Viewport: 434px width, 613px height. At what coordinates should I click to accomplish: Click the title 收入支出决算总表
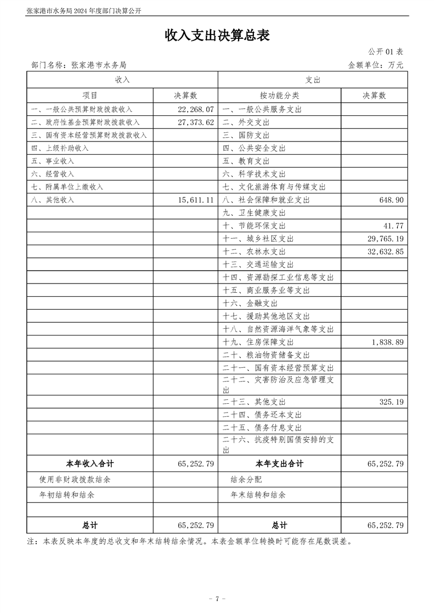coord(217,36)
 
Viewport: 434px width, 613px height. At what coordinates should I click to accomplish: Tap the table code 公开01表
coord(386,52)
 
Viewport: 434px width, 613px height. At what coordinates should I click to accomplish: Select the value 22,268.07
coord(195,109)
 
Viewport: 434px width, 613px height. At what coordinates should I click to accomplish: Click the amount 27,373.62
coord(195,122)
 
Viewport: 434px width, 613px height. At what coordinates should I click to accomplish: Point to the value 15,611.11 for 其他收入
coord(195,200)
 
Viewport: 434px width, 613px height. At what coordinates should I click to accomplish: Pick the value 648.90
coord(391,200)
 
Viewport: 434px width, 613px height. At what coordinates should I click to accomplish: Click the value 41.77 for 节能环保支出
coord(394,226)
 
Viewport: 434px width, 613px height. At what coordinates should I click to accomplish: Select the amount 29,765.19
coord(383,239)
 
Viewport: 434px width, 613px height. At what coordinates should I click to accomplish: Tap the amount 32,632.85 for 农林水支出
coord(383,252)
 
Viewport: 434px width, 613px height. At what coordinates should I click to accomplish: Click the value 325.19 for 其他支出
coord(391,402)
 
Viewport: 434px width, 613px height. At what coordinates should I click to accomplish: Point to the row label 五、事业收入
coord(53,161)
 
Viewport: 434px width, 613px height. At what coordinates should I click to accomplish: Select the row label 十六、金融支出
coord(250,303)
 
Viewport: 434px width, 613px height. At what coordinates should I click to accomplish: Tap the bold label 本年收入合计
coord(90,464)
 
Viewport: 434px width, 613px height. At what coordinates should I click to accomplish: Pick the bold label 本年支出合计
coord(279,464)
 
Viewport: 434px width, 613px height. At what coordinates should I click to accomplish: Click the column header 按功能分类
coord(279,96)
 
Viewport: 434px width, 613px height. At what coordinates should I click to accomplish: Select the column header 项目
coord(90,96)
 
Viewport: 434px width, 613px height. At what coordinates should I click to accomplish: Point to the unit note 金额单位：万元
coord(375,65)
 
